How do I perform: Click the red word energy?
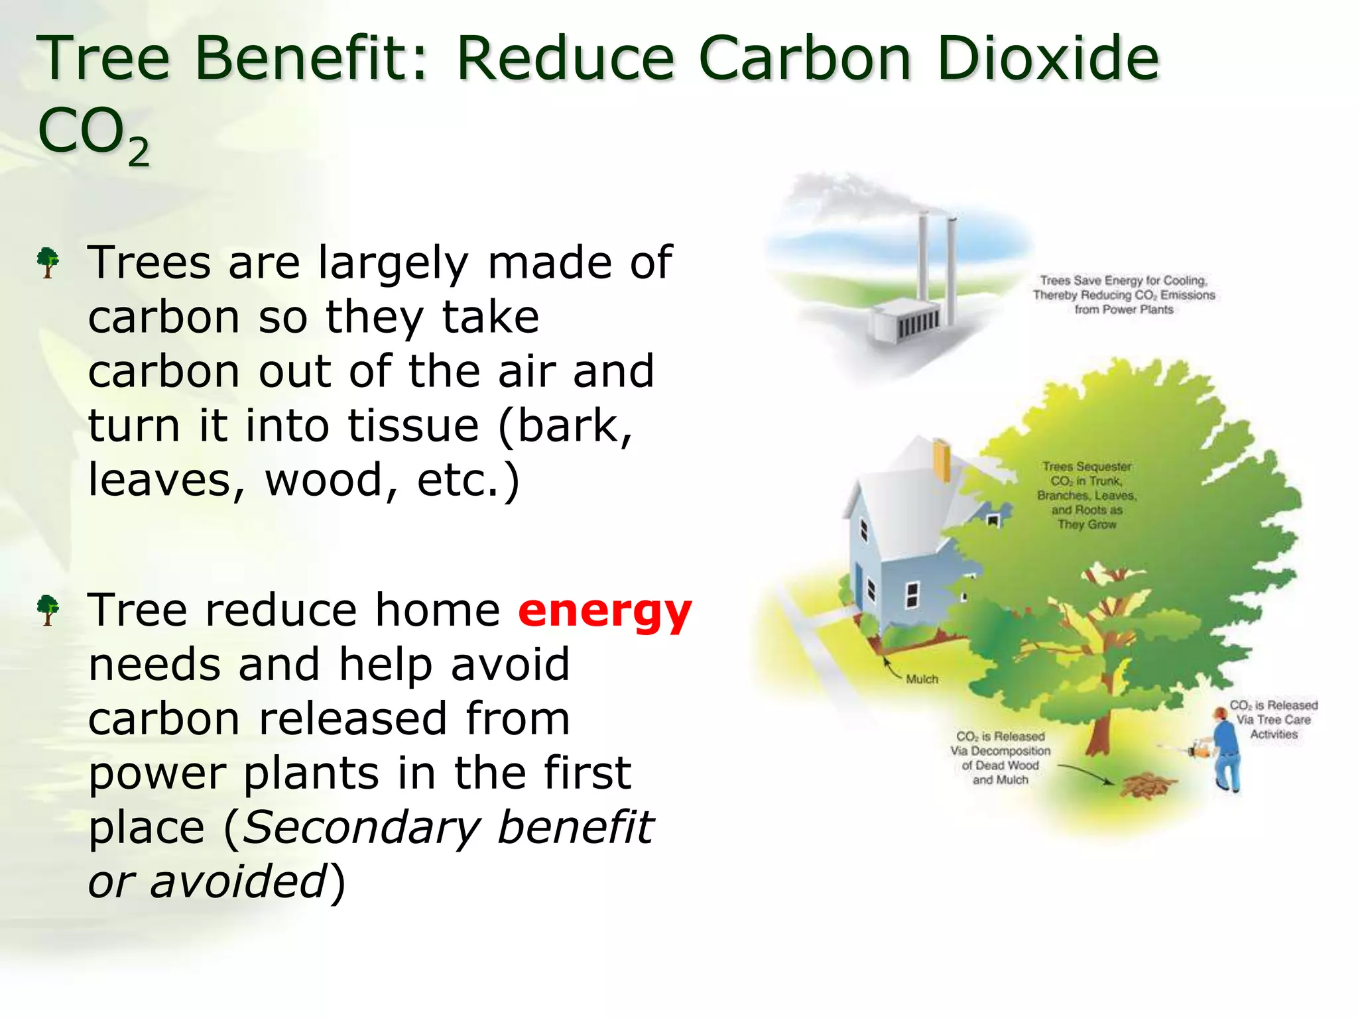tap(604, 611)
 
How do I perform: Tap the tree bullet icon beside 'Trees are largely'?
tap(48, 262)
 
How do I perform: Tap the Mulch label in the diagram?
tap(922, 679)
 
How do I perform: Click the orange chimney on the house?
tap(942, 460)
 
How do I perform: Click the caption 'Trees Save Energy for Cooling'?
tap(1123, 295)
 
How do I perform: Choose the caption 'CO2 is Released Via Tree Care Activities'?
tap(1273, 720)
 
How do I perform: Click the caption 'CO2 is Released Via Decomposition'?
tap(1000, 758)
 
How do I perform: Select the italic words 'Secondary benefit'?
tap(448, 828)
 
